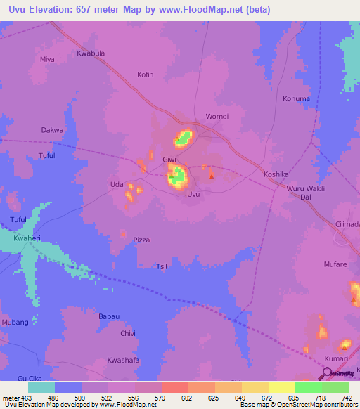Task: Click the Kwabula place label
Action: click(x=91, y=53)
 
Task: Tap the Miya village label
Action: click(x=47, y=60)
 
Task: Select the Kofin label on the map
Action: click(x=146, y=74)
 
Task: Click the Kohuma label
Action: click(x=296, y=99)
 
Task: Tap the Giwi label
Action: click(x=169, y=159)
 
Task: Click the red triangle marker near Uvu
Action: click(x=212, y=167)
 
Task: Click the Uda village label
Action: click(x=117, y=185)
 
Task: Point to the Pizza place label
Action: click(x=141, y=240)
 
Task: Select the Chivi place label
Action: click(x=127, y=333)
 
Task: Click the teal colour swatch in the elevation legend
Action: click(x=41, y=387)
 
